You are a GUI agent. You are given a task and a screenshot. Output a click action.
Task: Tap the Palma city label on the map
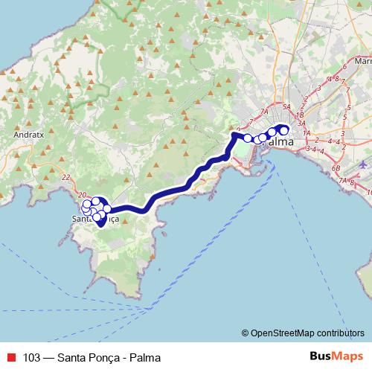pyautogui.click(x=278, y=141)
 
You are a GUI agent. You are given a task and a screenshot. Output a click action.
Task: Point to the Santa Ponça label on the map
pyautogui.click(x=94, y=219)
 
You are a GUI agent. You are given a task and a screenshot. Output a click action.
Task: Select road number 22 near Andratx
pyautogui.click(x=66, y=177)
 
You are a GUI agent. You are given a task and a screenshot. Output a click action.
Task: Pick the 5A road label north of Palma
pyautogui.click(x=300, y=106)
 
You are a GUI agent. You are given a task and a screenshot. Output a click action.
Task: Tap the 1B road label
pyautogui.click(x=300, y=116)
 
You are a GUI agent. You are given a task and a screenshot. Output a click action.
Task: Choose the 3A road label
pyautogui.click(x=301, y=124)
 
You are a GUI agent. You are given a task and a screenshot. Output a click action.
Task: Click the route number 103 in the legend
pyautogui.click(x=32, y=356)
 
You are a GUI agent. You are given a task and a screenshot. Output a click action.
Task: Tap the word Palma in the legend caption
pyautogui.click(x=144, y=356)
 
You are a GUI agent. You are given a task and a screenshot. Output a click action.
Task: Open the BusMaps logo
pyautogui.click(x=336, y=356)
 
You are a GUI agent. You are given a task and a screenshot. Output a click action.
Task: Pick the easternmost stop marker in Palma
pyautogui.click(x=283, y=132)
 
